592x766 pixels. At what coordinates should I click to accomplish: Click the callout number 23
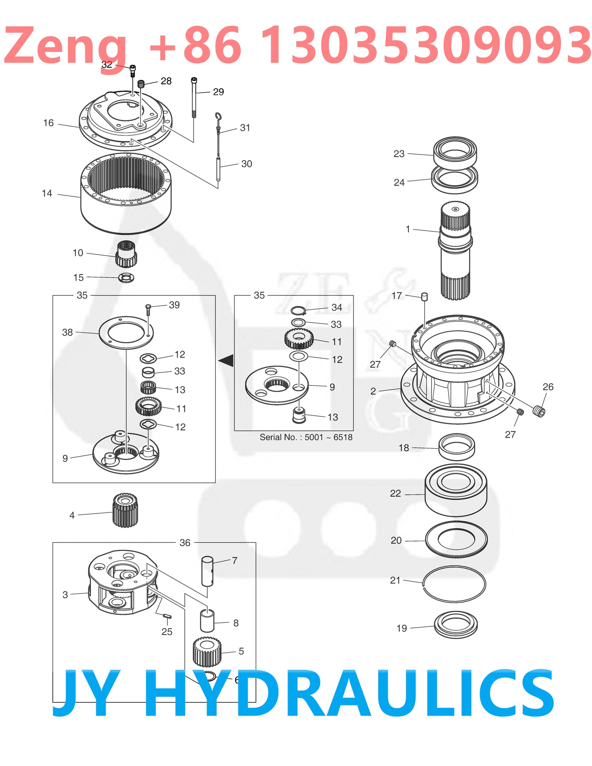coord(399,154)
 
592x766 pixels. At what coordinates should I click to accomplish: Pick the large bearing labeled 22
coord(456,490)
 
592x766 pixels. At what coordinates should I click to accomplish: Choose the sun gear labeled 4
coord(125,510)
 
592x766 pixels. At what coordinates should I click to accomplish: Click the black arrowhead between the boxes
coord(227,360)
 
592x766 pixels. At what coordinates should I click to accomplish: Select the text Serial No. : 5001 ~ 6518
coord(306,437)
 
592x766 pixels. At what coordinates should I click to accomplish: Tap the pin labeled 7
coord(207,571)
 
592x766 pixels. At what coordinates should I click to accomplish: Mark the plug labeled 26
coord(539,411)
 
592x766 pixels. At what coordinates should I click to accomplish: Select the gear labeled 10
coord(126,254)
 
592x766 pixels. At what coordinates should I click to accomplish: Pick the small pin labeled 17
coord(424,296)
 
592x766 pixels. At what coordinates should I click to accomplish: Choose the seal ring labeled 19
coord(456,625)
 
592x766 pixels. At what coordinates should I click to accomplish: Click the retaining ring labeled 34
coord(298,310)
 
